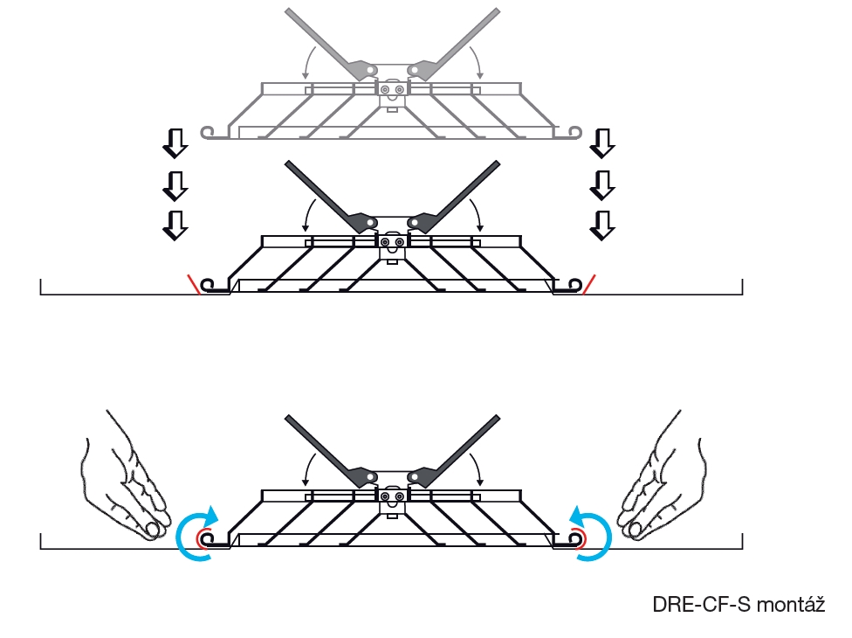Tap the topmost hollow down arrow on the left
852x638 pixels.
[x=176, y=142]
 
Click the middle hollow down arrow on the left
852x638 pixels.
[x=176, y=184]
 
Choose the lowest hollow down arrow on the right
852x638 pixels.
[x=601, y=225]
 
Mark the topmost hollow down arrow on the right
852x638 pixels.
[x=601, y=142]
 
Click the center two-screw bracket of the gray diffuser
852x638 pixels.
[x=392, y=90]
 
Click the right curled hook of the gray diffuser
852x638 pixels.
[x=575, y=132]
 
